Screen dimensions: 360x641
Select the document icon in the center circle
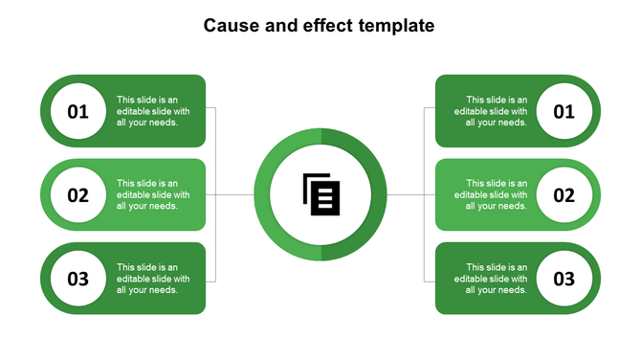click(320, 194)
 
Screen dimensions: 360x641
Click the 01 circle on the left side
click(77, 112)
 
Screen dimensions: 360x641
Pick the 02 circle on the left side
click(77, 195)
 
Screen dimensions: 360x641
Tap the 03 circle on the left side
click(77, 279)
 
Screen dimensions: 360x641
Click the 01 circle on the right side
click(564, 112)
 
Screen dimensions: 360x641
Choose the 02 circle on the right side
click(564, 195)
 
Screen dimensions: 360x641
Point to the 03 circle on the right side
click(564, 279)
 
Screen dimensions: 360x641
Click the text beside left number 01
click(153, 110)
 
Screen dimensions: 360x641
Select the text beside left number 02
click(153, 194)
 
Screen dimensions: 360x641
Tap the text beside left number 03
click(153, 279)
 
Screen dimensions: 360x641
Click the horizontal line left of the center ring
click(234, 195)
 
